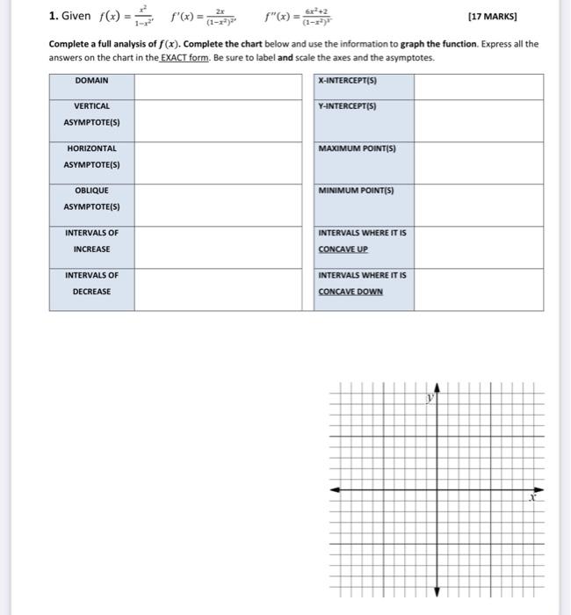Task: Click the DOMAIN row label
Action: tap(91, 80)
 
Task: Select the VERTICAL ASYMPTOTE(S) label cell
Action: tap(91, 114)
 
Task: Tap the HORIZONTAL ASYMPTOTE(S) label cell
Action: tap(91, 156)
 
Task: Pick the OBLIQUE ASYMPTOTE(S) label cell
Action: tap(91, 199)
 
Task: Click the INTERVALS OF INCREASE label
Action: tap(91, 241)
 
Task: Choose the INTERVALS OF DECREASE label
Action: tap(91, 283)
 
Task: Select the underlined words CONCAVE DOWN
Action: tap(351, 292)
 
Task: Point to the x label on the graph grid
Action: tap(531, 497)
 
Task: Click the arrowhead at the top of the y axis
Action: tap(438, 387)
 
